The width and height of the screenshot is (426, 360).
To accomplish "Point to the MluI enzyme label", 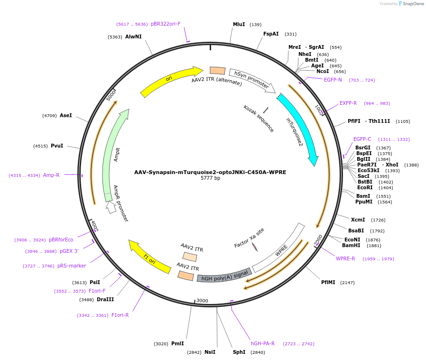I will click(239, 24).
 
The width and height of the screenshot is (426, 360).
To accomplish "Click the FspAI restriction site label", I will click(271, 34).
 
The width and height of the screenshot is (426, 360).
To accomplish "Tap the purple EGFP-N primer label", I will click(333, 80).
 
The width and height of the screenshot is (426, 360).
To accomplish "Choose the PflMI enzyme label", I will click(328, 282).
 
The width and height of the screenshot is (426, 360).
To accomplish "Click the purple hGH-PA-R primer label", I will click(263, 343).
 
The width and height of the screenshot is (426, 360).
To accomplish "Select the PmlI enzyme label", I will click(177, 343).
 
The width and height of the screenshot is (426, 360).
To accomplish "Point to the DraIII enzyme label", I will click(105, 299).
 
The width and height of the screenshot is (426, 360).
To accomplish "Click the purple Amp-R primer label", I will click(51, 175).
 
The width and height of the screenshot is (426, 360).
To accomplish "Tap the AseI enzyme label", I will click(66, 115).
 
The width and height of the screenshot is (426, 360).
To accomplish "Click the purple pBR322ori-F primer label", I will click(166, 24).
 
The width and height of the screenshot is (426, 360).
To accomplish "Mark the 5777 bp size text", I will click(210, 178).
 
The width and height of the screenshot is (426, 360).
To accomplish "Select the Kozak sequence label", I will click(259, 119).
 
